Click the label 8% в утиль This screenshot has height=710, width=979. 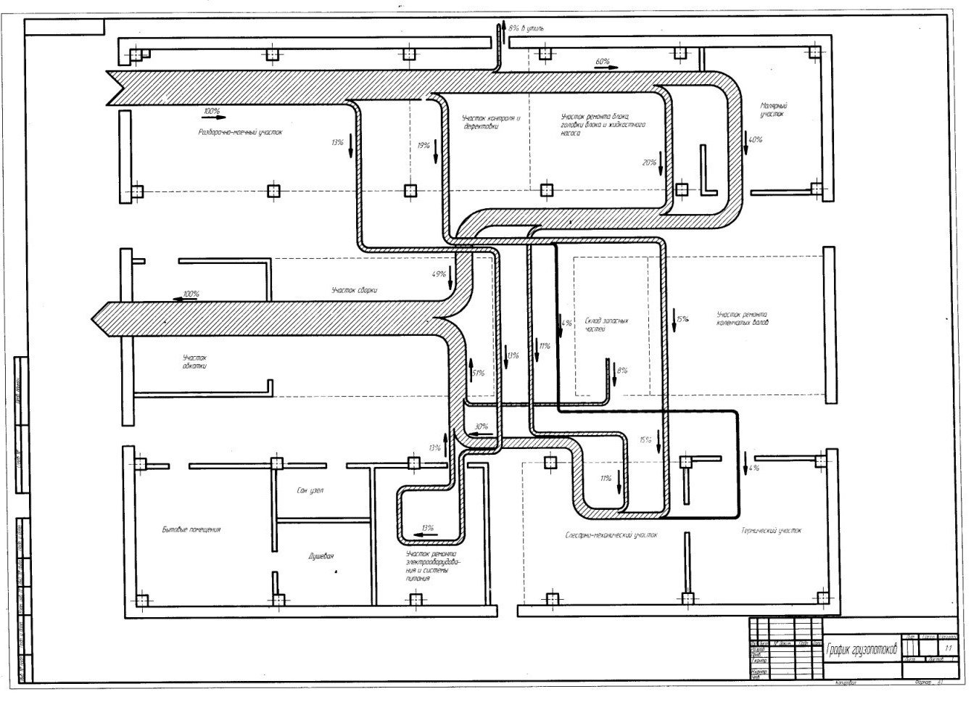526,28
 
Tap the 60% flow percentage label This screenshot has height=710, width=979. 602,62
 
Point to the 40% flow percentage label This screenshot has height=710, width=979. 755,139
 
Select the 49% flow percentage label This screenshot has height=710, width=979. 438,274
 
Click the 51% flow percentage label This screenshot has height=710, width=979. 479,373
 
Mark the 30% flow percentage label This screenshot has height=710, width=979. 482,426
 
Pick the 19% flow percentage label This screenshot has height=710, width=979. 424,146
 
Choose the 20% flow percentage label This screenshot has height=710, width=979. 648,162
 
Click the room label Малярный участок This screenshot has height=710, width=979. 773,110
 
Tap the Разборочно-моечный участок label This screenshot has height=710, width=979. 239,133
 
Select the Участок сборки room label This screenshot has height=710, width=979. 354,290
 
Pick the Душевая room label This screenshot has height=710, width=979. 321,556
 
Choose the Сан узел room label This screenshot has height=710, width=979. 310,491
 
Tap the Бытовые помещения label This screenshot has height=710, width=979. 191,529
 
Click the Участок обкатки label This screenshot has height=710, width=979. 195,362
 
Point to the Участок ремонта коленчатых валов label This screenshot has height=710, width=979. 742,318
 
